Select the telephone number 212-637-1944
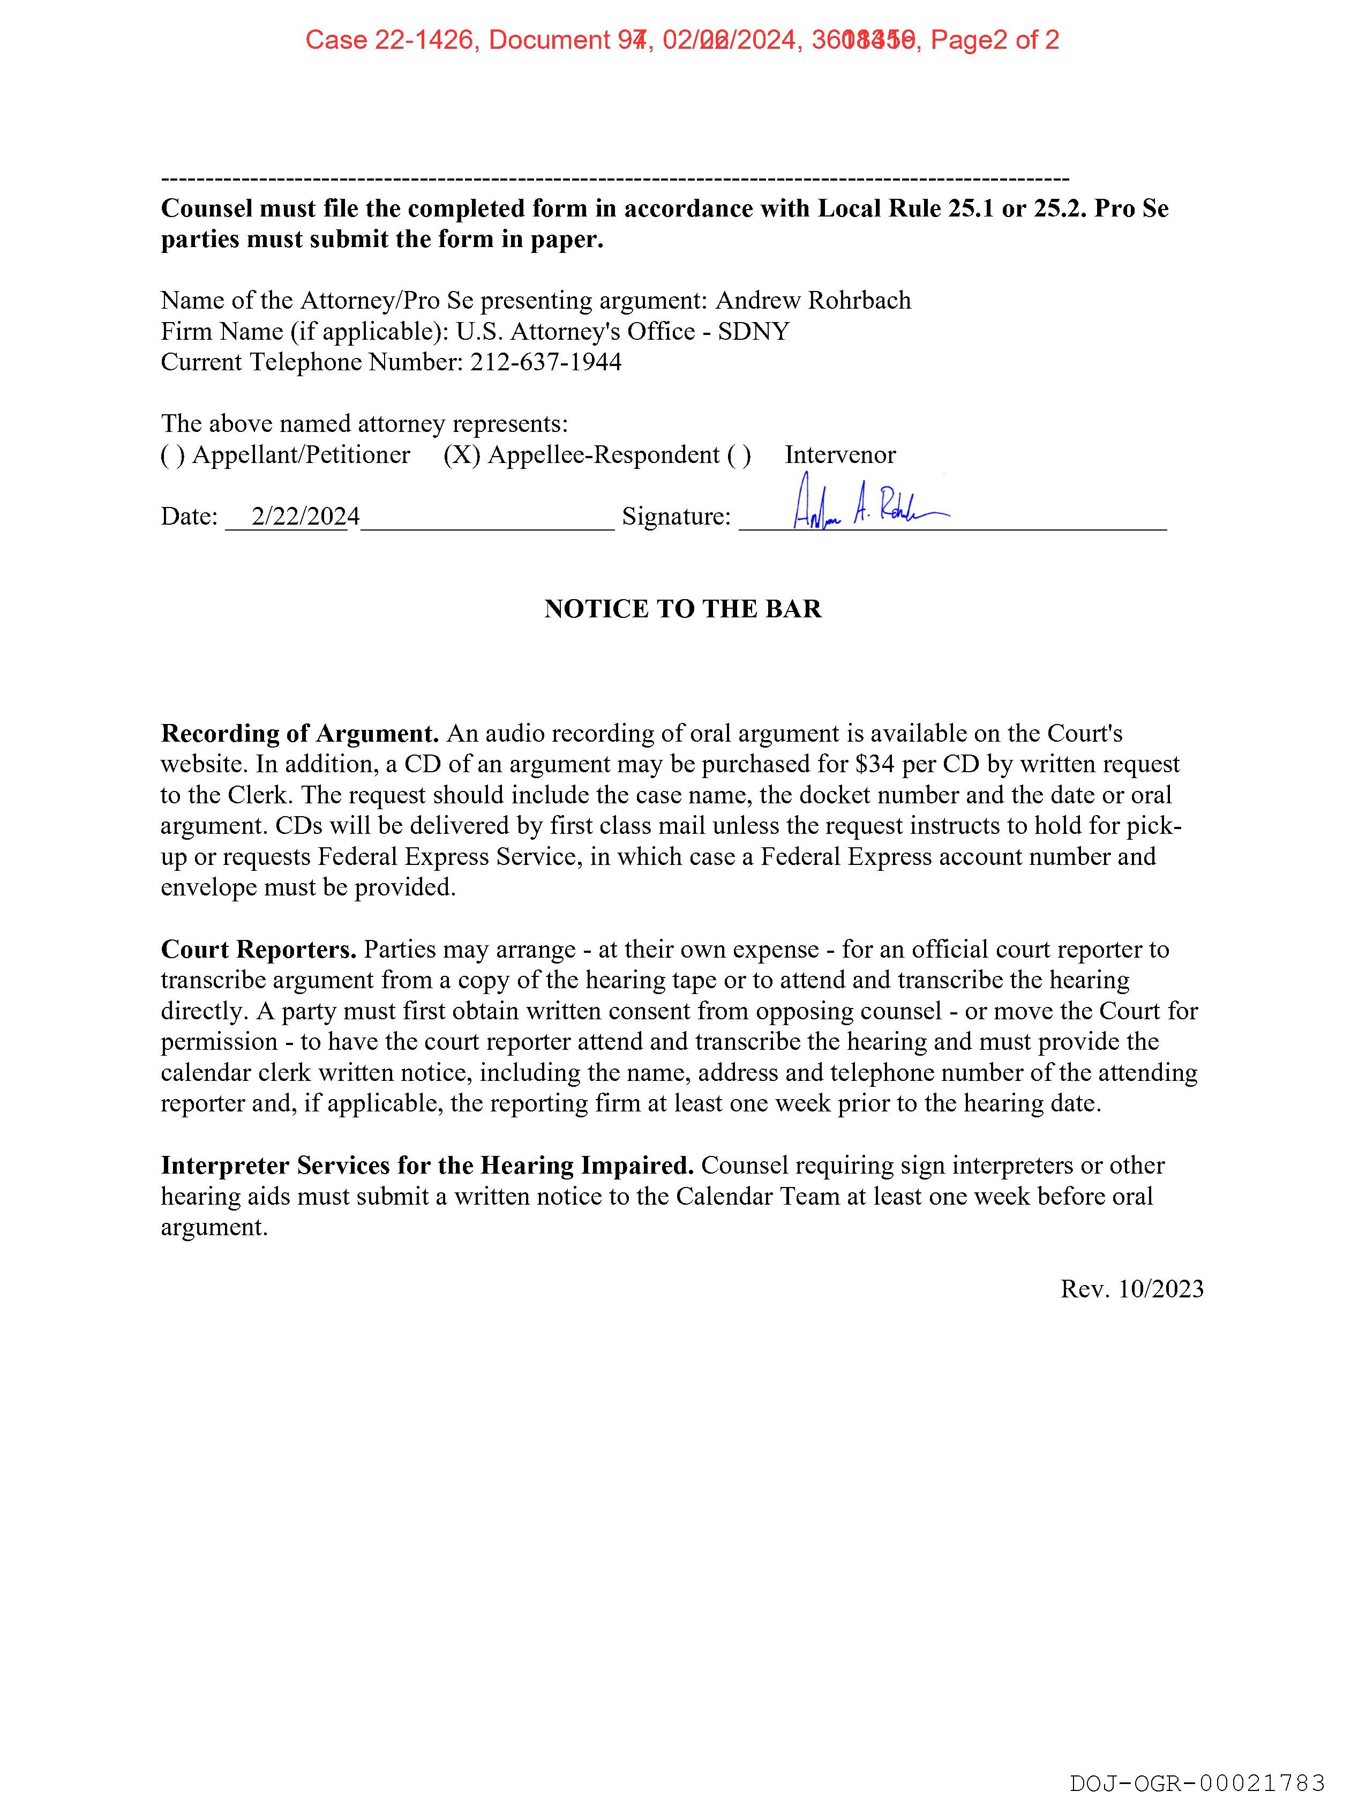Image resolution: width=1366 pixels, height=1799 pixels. pos(545,362)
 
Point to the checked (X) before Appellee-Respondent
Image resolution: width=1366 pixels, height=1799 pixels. pos(461,454)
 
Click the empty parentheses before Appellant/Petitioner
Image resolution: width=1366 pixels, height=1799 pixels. pos(172,454)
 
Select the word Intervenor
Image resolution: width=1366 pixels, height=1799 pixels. pos(840,454)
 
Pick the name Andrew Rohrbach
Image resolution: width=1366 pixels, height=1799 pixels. pos(813,300)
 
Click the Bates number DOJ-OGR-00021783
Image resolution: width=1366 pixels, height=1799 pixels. pos(1197,1783)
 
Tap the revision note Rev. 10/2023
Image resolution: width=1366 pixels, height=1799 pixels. pos(1132,1289)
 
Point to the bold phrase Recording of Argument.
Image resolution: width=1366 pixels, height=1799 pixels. pos(300,734)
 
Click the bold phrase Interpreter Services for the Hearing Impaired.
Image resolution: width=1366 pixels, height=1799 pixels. pos(427,1166)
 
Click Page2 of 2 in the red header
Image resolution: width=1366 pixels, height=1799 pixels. pos(994,40)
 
